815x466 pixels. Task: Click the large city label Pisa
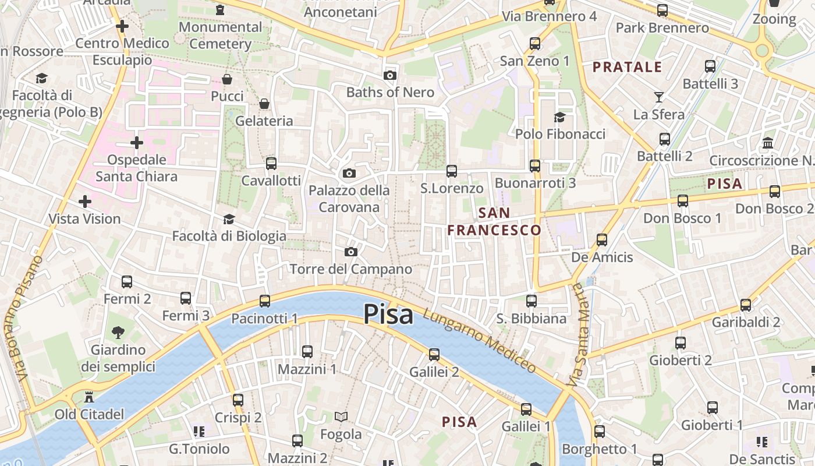[x=388, y=315]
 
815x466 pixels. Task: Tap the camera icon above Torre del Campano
[x=350, y=252]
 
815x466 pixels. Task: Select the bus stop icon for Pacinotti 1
[x=265, y=301]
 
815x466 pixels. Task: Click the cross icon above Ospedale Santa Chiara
[x=137, y=142]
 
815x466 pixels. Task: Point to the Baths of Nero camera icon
[x=390, y=75]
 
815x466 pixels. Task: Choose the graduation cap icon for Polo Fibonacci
[x=559, y=117]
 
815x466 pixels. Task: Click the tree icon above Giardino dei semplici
[x=118, y=333]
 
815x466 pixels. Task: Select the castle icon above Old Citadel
[x=89, y=397]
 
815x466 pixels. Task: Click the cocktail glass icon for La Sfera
[x=659, y=97]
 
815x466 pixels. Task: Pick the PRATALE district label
[x=628, y=67]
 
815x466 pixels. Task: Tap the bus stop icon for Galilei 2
[x=434, y=354]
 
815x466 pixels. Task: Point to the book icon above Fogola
[x=341, y=416]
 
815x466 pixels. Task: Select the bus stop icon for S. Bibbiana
[x=531, y=301]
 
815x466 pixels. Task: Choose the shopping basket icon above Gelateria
[x=264, y=104]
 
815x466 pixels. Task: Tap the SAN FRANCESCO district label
[x=494, y=221]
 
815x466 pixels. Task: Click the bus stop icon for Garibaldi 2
[x=746, y=305]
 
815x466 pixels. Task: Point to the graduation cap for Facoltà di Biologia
[x=229, y=219]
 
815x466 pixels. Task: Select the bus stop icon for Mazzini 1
[x=307, y=352]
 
